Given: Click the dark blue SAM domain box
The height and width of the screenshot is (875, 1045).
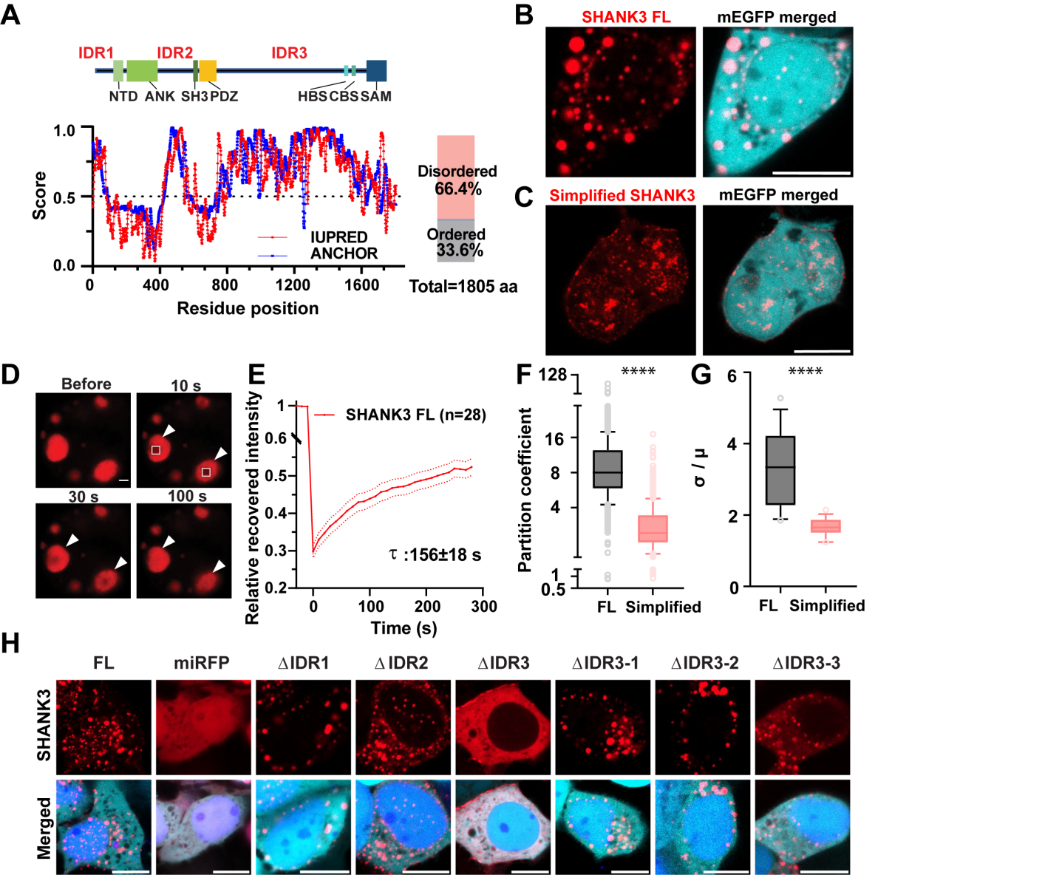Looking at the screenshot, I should pos(376,70).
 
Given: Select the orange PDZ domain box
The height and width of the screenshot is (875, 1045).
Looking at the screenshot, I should pos(208,70).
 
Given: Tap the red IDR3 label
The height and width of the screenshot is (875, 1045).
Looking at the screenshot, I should pos(289,53).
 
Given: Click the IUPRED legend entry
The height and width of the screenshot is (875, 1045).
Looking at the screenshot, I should pos(338,237).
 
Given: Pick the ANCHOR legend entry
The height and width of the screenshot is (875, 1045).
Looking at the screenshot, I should pos(344,253).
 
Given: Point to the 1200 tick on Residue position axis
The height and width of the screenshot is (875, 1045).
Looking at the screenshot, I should pos(293,285).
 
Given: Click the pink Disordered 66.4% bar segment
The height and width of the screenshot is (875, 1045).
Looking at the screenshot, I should pos(455,177).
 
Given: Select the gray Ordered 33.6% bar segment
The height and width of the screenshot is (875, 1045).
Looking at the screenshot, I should pos(455,241).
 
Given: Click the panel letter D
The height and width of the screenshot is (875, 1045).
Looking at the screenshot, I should pos(10,375).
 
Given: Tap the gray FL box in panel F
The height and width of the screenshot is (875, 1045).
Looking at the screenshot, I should pos(607,469).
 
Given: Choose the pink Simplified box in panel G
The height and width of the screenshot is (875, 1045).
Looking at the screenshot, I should pos(825,526).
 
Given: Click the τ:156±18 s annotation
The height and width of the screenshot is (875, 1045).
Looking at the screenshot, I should pos(435,554).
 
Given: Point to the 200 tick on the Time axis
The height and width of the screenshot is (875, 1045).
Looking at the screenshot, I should pos(427,607).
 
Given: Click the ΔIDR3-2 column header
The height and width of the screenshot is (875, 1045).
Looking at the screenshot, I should pos(704,663).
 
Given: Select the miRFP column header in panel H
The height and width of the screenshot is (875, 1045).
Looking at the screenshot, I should pos(202,663).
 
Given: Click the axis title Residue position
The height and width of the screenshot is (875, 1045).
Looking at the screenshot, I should pos(248,308).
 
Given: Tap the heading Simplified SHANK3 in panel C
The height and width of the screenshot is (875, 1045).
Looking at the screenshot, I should pos(622,195).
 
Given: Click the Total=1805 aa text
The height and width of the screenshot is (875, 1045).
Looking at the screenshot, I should pos(463,287).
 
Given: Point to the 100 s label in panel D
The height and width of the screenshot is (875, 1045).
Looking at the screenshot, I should pos(187,496).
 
